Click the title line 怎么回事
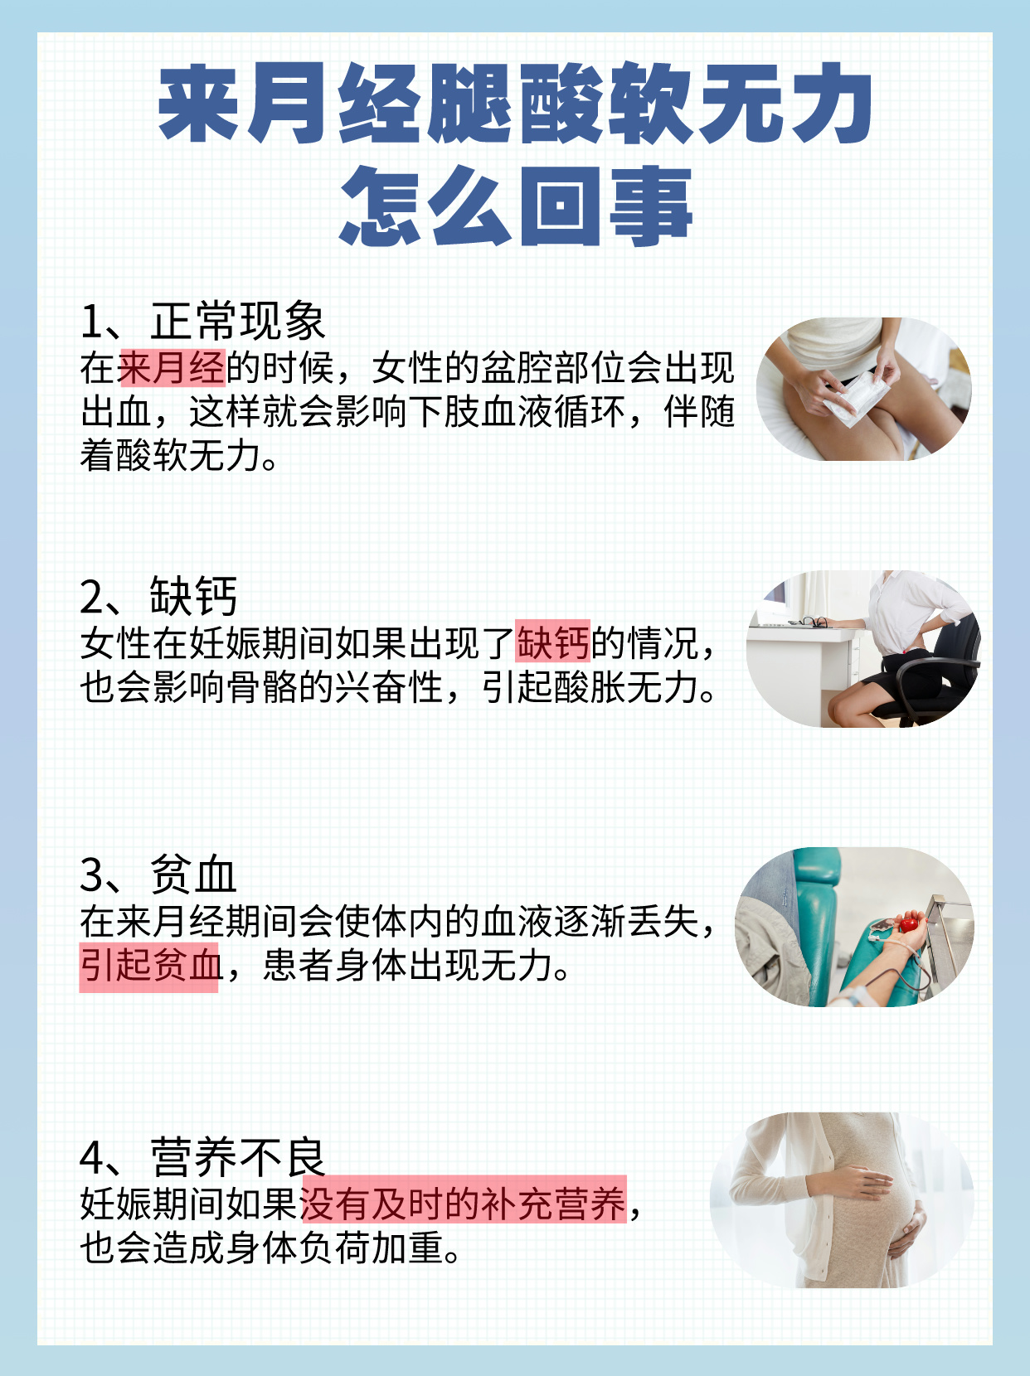click(515, 205)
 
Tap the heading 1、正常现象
click(202, 321)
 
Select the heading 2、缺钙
click(158, 596)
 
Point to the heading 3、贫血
click(158, 875)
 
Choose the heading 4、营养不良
click(202, 1157)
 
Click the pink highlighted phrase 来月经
click(172, 367)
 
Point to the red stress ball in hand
click(908, 923)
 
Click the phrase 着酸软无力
click(178, 456)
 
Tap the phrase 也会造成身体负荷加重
click(271, 1248)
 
